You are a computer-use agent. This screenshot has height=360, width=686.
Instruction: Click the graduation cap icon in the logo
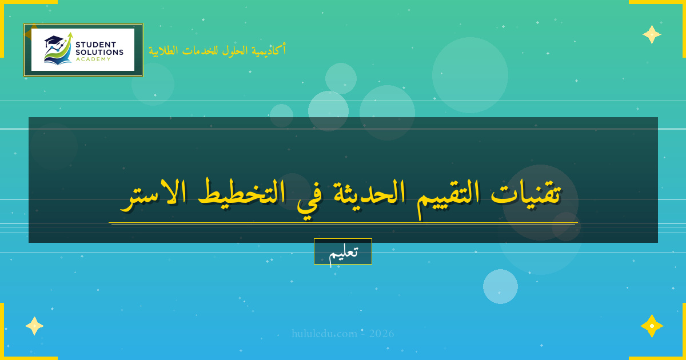pos(54,41)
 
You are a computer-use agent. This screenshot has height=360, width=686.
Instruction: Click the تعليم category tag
pos(343,251)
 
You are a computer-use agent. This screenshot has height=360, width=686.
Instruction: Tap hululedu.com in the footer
pos(324,334)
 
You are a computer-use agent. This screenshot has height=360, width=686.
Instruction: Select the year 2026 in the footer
pos(381,334)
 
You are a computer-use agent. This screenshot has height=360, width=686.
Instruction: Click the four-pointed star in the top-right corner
pos(652,34)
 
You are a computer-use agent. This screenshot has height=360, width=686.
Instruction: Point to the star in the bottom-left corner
pos(34,326)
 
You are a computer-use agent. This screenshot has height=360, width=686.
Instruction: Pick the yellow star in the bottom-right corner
pos(652,326)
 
